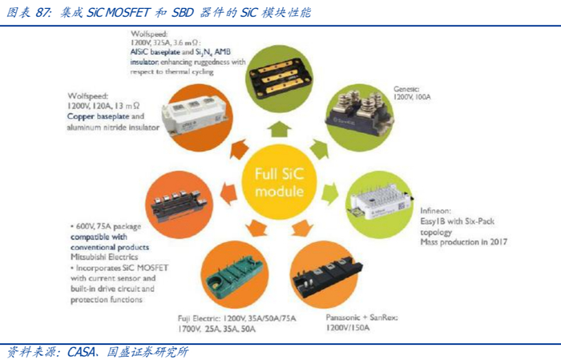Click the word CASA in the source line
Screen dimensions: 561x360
pos(79,351)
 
